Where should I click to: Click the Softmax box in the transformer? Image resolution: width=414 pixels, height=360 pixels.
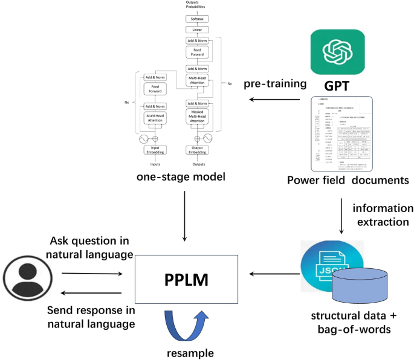196,19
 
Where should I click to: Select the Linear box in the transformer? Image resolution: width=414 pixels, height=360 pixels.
196,30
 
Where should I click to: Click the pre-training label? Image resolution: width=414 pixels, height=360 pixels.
273,82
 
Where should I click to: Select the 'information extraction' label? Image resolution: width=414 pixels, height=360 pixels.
383,216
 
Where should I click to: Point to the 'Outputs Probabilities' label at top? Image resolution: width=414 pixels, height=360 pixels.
196,5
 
